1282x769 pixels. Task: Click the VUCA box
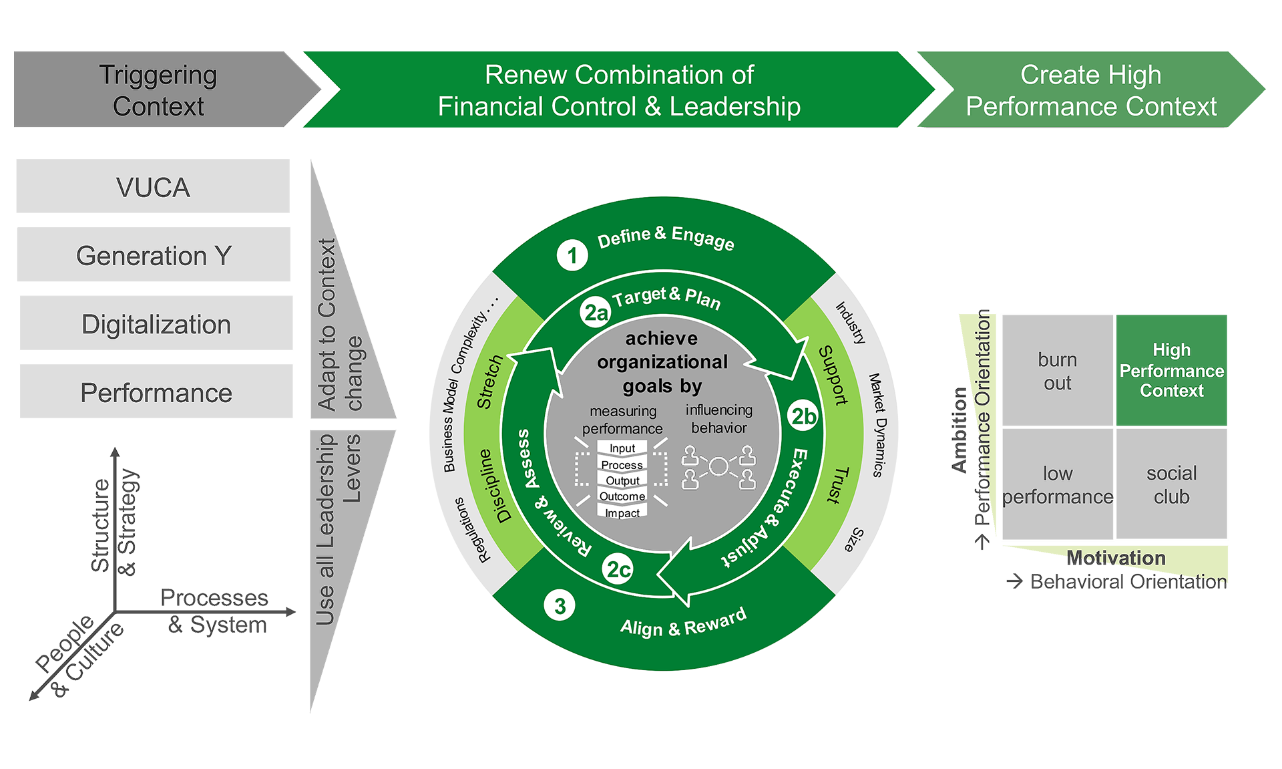154,188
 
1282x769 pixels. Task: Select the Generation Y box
154,256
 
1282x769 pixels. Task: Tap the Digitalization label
156,325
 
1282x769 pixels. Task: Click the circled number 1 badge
572,255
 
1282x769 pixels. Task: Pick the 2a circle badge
596,312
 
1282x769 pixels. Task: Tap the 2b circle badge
803,416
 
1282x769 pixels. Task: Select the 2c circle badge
618,569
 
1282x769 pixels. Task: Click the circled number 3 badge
560,606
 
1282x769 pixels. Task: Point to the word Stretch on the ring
489,381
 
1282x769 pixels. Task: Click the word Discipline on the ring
495,486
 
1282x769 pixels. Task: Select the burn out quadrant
1058,371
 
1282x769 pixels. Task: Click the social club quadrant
1172,485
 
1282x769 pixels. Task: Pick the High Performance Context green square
1172,370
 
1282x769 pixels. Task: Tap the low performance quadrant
1058,485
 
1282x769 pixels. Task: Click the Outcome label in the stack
622,496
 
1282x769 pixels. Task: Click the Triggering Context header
158,90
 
